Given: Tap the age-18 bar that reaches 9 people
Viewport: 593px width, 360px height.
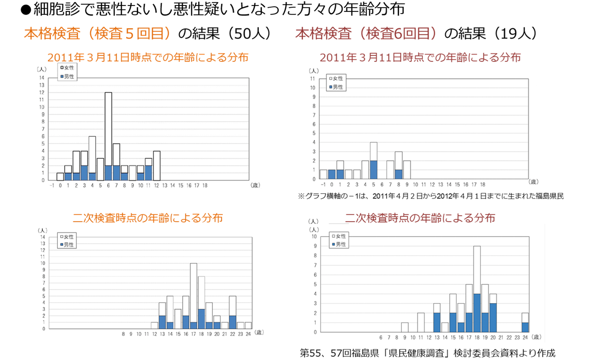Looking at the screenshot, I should (x=477, y=288).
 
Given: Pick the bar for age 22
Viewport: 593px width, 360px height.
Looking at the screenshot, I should (x=232, y=312).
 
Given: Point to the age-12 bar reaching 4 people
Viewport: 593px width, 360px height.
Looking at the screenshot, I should (x=157, y=166).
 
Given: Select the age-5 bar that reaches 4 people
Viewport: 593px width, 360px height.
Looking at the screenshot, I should (x=373, y=160).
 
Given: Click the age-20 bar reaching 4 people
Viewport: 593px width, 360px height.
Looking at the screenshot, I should (x=493, y=313).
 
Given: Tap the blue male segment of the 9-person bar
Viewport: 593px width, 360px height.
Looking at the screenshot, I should (x=477, y=313).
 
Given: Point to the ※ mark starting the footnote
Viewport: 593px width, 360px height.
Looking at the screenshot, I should (x=301, y=196).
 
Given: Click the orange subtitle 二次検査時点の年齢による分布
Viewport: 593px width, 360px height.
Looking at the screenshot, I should (x=147, y=218).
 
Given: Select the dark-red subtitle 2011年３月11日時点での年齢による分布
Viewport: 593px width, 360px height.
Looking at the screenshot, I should (x=420, y=58).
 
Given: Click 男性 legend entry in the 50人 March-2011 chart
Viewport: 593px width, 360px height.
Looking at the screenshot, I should (x=67, y=77).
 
